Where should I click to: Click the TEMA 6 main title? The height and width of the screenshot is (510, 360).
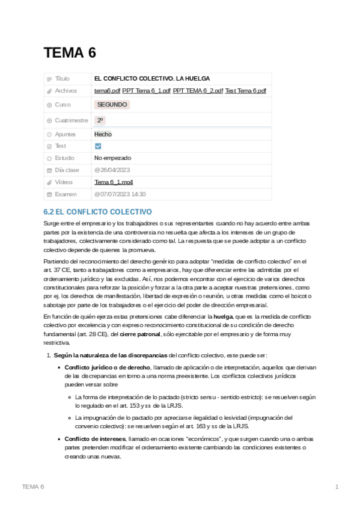click(70, 53)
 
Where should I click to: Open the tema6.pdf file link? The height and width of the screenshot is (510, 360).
click(107, 91)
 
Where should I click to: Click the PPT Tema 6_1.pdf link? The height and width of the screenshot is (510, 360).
click(146, 91)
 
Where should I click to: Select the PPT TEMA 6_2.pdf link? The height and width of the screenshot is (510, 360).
click(198, 91)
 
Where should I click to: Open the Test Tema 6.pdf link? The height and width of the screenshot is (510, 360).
click(246, 91)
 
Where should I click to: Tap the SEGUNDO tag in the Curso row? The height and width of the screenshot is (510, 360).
click(112, 105)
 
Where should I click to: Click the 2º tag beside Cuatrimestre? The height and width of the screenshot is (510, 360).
click(100, 120)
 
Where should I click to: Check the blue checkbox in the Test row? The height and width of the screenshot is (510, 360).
click(98, 146)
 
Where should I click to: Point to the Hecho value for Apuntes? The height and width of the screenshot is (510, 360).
click(103, 134)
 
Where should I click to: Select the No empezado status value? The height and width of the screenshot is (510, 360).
click(112, 158)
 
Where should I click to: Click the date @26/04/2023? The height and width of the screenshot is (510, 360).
click(112, 170)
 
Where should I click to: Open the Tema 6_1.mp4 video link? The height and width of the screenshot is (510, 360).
click(114, 182)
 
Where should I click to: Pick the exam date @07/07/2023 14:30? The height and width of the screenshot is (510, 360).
click(120, 194)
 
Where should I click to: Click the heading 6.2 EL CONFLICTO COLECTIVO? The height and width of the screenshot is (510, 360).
click(97, 212)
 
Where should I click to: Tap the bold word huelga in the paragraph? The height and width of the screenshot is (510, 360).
click(223, 316)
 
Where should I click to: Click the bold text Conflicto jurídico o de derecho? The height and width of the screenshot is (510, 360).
click(107, 367)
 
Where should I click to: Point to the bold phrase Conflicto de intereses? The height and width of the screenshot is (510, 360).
click(95, 439)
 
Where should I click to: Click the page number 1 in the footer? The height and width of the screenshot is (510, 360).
click(337, 486)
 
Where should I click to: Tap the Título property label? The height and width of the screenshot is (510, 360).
click(62, 79)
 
